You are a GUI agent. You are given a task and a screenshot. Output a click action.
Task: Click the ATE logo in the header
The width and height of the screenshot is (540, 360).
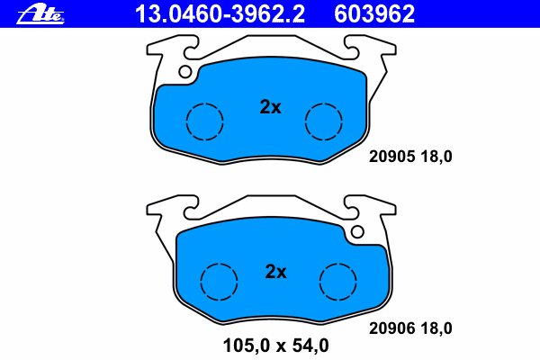click(x=40, y=14)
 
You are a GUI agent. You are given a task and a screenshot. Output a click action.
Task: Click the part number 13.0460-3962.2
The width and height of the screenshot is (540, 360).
click(x=220, y=14)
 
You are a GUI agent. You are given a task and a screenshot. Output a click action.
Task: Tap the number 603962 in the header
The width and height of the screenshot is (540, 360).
click(x=374, y=14)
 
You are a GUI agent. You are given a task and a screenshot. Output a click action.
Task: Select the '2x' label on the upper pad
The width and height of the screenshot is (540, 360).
click(x=270, y=107)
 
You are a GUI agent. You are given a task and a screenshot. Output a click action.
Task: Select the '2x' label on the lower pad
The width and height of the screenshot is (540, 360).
click(x=275, y=272)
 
